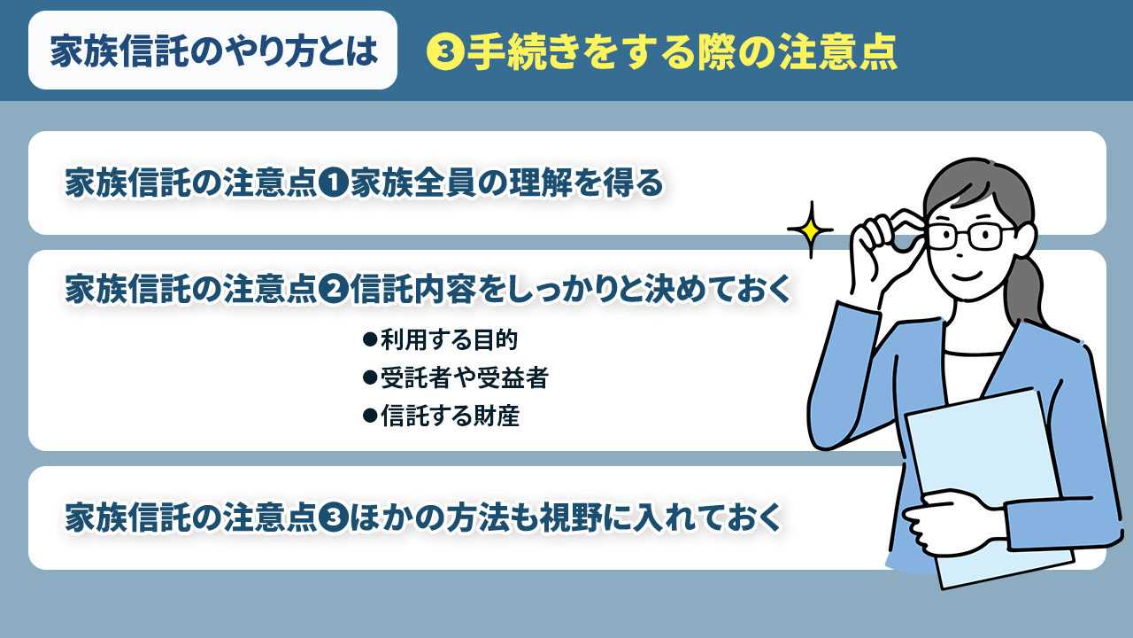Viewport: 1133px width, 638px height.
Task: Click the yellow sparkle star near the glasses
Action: pyautogui.click(x=810, y=230)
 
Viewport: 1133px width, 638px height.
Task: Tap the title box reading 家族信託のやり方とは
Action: pyautogui.click(x=213, y=51)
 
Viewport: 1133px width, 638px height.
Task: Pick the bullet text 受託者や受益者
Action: pyautogui.click(x=464, y=378)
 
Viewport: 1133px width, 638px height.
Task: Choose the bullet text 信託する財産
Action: pyautogui.click(x=449, y=416)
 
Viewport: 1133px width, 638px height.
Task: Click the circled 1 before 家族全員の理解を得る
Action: pyautogui.click(x=335, y=183)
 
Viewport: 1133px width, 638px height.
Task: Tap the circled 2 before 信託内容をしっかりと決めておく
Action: pyautogui.click(x=335, y=289)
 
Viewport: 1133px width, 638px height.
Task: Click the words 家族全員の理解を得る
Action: pyautogui.click(x=505, y=183)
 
